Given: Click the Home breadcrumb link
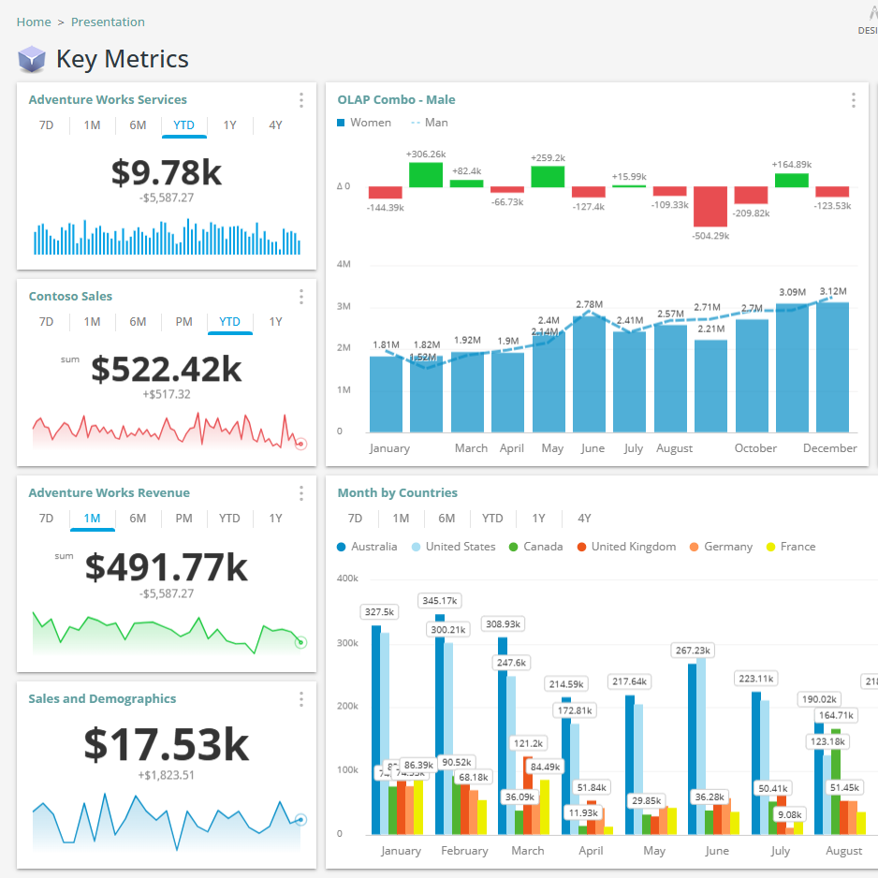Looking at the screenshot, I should pyautogui.click(x=34, y=22).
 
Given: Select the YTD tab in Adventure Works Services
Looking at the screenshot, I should pyautogui.click(x=183, y=125).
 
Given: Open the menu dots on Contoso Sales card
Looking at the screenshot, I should pyautogui.click(x=300, y=297).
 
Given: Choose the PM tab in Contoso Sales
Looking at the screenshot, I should pyautogui.click(x=183, y=322).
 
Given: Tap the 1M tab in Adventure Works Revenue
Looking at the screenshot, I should pyautogui.click(x=92, y=519).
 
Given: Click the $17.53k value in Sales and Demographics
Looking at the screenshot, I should pyautogui.click(x=167, y=743).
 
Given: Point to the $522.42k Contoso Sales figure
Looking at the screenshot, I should pyautogui.click(x=167, y=369).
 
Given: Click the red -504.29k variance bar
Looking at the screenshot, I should pyautogui.click(x=710, y=206).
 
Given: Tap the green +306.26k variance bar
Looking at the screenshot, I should pyautogui.click(x=425, y=174).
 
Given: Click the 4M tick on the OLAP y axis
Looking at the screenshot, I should pyautogui.click(x=344, y=265).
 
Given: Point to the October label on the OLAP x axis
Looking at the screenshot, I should pyautogui.click(x=755, y=448).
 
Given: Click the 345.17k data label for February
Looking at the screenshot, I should pyautogui.click(x=439, y=600).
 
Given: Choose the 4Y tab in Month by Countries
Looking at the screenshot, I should pyautogui.click(x=584, y=519).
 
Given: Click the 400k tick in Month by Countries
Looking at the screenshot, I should pyautogui.click(x=347, y=578).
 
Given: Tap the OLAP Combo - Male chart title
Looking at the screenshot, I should pyautogui.click(x=396, y=100).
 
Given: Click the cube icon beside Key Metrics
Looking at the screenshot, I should pyautogui.click(x=32, y=60).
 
